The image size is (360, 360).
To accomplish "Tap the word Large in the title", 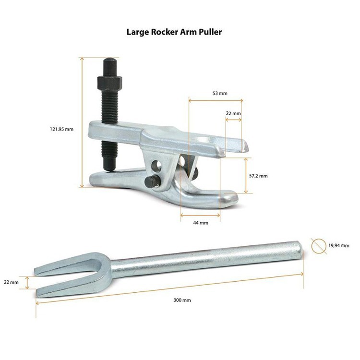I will [137, 33].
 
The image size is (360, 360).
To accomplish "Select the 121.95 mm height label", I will [62, 129].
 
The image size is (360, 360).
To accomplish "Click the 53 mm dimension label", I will [219, 93].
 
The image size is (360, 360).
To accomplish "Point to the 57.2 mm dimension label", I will [258, 176].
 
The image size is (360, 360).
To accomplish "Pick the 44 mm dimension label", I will [201, 223].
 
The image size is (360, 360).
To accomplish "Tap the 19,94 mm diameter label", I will [339, 245].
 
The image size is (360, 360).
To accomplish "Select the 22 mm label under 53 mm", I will [233, 113].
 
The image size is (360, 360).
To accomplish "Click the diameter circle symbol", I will [318, 246].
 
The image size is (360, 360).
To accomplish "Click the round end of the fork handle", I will [300, 249].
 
